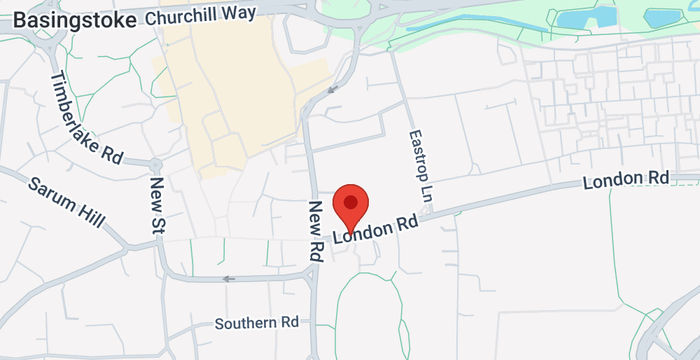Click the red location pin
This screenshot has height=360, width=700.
(x=350, y=206)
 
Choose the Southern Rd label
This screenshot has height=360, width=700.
(x=257, y=323)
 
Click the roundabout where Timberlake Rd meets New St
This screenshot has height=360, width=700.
(x=156, y=165)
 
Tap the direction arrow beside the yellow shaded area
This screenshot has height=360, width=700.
(x=332, y=89)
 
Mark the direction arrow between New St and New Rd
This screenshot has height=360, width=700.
(x=230, y=279)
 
